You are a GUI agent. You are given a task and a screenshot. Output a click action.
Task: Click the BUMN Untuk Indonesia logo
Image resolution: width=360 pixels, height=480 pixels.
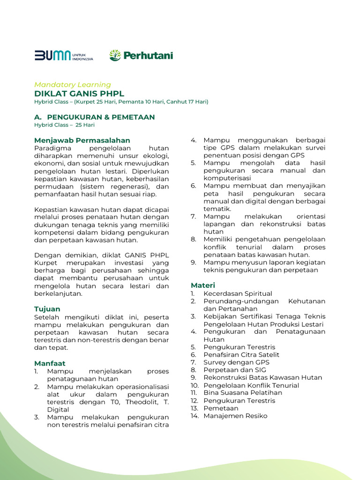pos(64,56)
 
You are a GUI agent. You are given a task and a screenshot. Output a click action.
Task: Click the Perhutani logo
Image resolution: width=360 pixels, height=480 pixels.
pos(141,56)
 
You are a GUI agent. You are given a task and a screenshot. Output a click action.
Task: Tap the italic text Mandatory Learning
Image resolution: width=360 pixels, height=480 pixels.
pos(73,85)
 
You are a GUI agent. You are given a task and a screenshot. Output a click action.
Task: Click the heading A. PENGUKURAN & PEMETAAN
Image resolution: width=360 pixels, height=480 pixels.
pos(94,117)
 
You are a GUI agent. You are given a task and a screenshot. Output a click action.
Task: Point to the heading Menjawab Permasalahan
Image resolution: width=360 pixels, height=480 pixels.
pos(82,140)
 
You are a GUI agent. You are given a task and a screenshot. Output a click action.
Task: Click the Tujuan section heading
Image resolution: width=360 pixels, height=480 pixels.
pos(47,309)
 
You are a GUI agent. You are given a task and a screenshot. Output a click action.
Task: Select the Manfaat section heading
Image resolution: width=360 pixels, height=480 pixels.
pos(50,363)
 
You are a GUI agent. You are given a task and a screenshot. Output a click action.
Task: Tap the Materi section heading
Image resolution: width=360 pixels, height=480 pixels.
pos(203,285)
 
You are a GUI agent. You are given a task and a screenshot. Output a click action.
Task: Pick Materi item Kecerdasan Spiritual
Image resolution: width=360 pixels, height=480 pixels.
pos(238,293)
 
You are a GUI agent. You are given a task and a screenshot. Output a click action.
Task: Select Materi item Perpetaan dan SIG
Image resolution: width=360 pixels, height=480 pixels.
pos(234,370)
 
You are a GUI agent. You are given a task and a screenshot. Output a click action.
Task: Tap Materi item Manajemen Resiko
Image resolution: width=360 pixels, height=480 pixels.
pos(235,416)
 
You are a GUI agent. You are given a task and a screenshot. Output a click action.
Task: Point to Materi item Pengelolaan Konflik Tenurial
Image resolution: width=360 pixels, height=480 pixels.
pos(251,385)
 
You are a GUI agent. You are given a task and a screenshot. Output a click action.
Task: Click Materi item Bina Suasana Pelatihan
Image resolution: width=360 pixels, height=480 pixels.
pos(242,393)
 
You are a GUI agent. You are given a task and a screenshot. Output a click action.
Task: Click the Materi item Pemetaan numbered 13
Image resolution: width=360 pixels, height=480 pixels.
pos(221,408)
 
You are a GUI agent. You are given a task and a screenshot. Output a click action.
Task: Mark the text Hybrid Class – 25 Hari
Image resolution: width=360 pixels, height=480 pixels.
pos(65,125)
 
